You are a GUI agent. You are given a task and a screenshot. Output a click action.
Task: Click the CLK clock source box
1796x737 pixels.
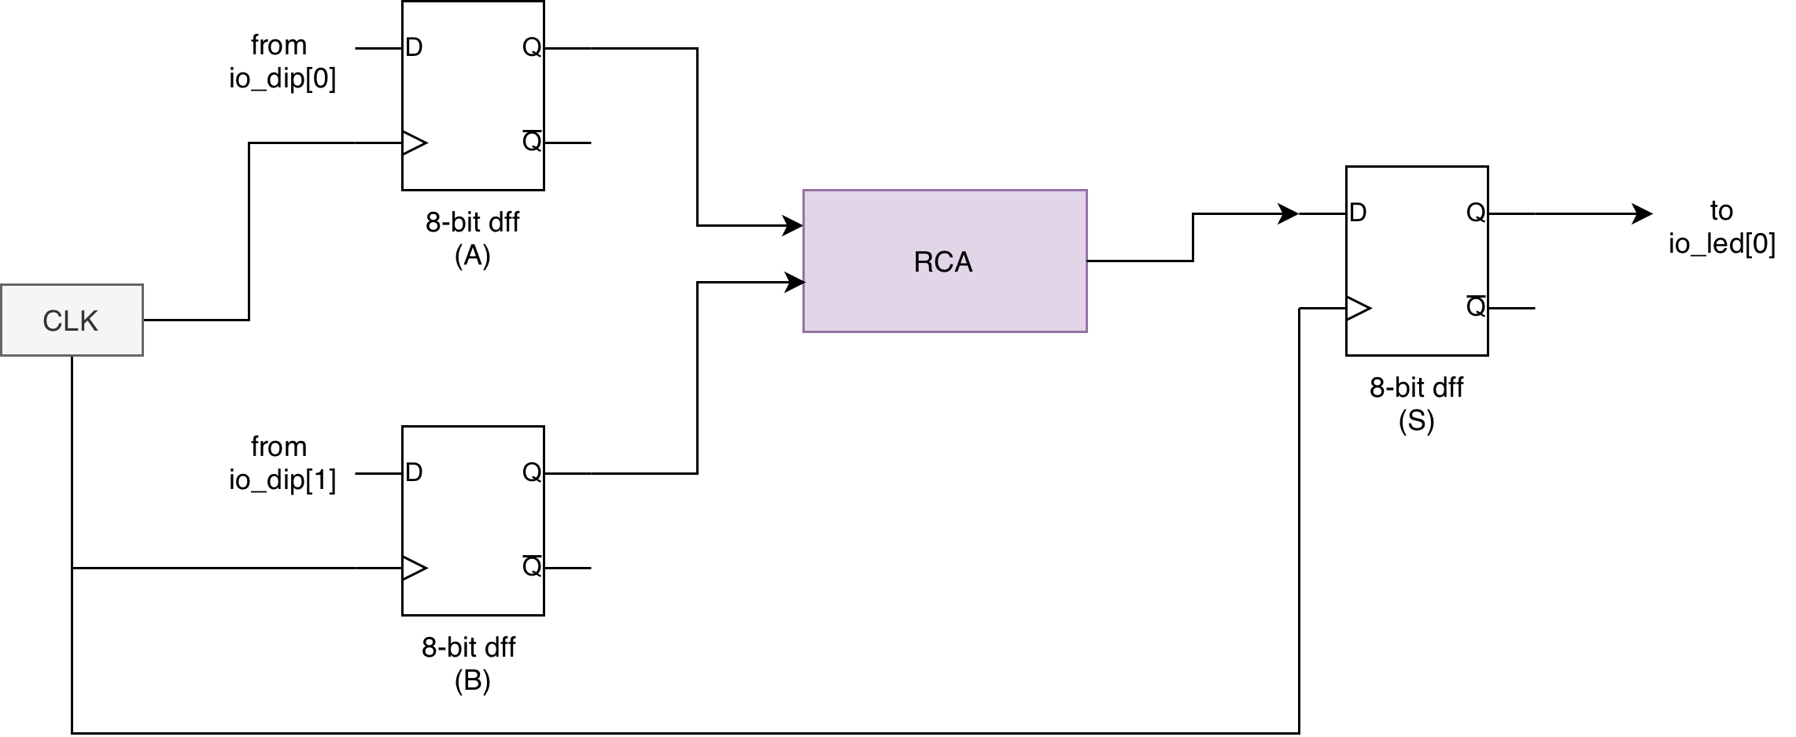coord(72,320)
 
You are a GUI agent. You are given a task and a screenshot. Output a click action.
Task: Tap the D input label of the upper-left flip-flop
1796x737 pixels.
coord(414,48)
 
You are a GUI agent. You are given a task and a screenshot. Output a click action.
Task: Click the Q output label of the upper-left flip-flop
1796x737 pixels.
coord(532,48)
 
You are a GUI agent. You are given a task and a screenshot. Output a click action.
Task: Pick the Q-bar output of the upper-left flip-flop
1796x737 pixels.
coord(532,142)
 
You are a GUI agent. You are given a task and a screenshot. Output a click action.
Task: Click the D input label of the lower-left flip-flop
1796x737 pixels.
coord(414,472)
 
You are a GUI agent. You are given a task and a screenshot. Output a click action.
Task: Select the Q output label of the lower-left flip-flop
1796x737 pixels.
coord(532,472)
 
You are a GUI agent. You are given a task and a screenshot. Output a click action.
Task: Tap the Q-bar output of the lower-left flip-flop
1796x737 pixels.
coord(532,566)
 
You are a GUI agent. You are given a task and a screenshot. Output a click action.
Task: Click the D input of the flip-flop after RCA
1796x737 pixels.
coord(1358,213)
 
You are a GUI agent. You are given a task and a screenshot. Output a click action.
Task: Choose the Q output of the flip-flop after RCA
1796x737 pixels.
coord(1476,213)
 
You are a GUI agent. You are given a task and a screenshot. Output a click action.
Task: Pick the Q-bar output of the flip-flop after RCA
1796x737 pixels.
coord(1476,306)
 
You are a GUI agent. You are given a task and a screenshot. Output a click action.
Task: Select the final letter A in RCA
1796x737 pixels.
coord(964,262)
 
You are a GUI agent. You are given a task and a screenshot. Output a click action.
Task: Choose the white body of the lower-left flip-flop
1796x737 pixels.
coord(473,520)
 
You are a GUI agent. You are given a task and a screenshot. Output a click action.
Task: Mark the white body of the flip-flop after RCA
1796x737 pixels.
coord(1417,261)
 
